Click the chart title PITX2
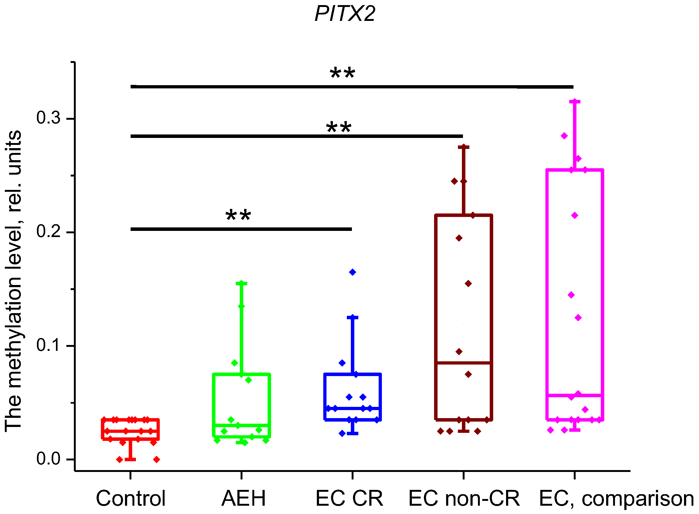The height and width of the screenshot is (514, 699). point(345,14)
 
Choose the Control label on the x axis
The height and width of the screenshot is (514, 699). point(131,498)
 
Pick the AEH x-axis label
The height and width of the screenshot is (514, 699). point(243,498)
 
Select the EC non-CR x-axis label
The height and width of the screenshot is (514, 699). point(464,498)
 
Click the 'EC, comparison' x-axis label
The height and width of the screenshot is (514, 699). point(616,498)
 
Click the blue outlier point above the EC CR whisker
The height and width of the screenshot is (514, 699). point(352,272)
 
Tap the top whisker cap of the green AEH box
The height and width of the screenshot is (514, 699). point(241,283)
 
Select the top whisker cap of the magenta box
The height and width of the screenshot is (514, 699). point(575,102)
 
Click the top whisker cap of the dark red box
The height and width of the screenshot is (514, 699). point(464,147)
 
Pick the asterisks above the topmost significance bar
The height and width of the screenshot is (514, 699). point(342,73)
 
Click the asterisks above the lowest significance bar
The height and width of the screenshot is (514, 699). point(238,215)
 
